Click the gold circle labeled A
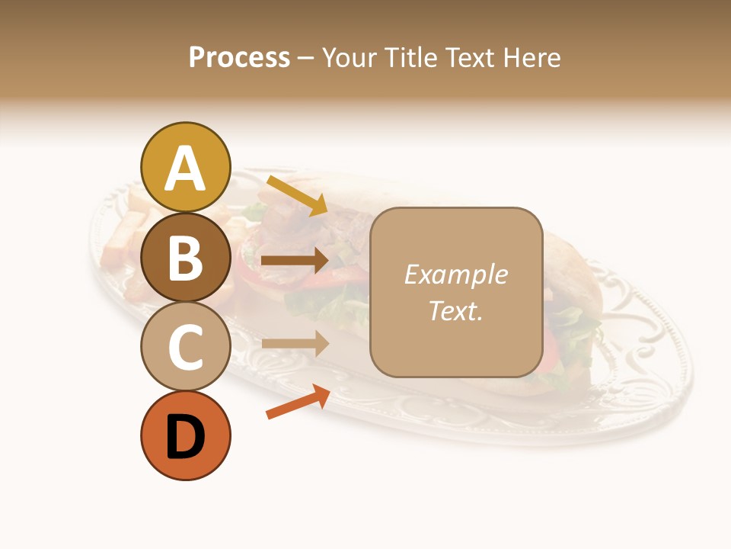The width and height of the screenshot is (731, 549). point(186,167)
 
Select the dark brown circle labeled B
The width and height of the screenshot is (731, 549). point(186,257)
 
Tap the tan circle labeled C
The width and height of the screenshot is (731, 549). point(186,347)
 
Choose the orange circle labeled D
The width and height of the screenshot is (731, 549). point(186,436)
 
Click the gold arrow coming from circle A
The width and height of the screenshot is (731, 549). point(297,195)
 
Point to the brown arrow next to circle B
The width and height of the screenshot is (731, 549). point(295,261)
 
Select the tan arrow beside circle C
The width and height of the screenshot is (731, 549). point(295,343)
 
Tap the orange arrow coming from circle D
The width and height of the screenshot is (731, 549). point(298,403)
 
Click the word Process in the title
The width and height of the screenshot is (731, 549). point(239,57)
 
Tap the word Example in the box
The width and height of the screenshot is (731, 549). point(455,274)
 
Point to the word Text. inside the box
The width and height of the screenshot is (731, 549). point(455,310)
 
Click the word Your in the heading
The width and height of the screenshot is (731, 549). point(348,57)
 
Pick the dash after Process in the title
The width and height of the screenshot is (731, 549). point(305,58)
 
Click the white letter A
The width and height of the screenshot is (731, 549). point(186,169)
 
